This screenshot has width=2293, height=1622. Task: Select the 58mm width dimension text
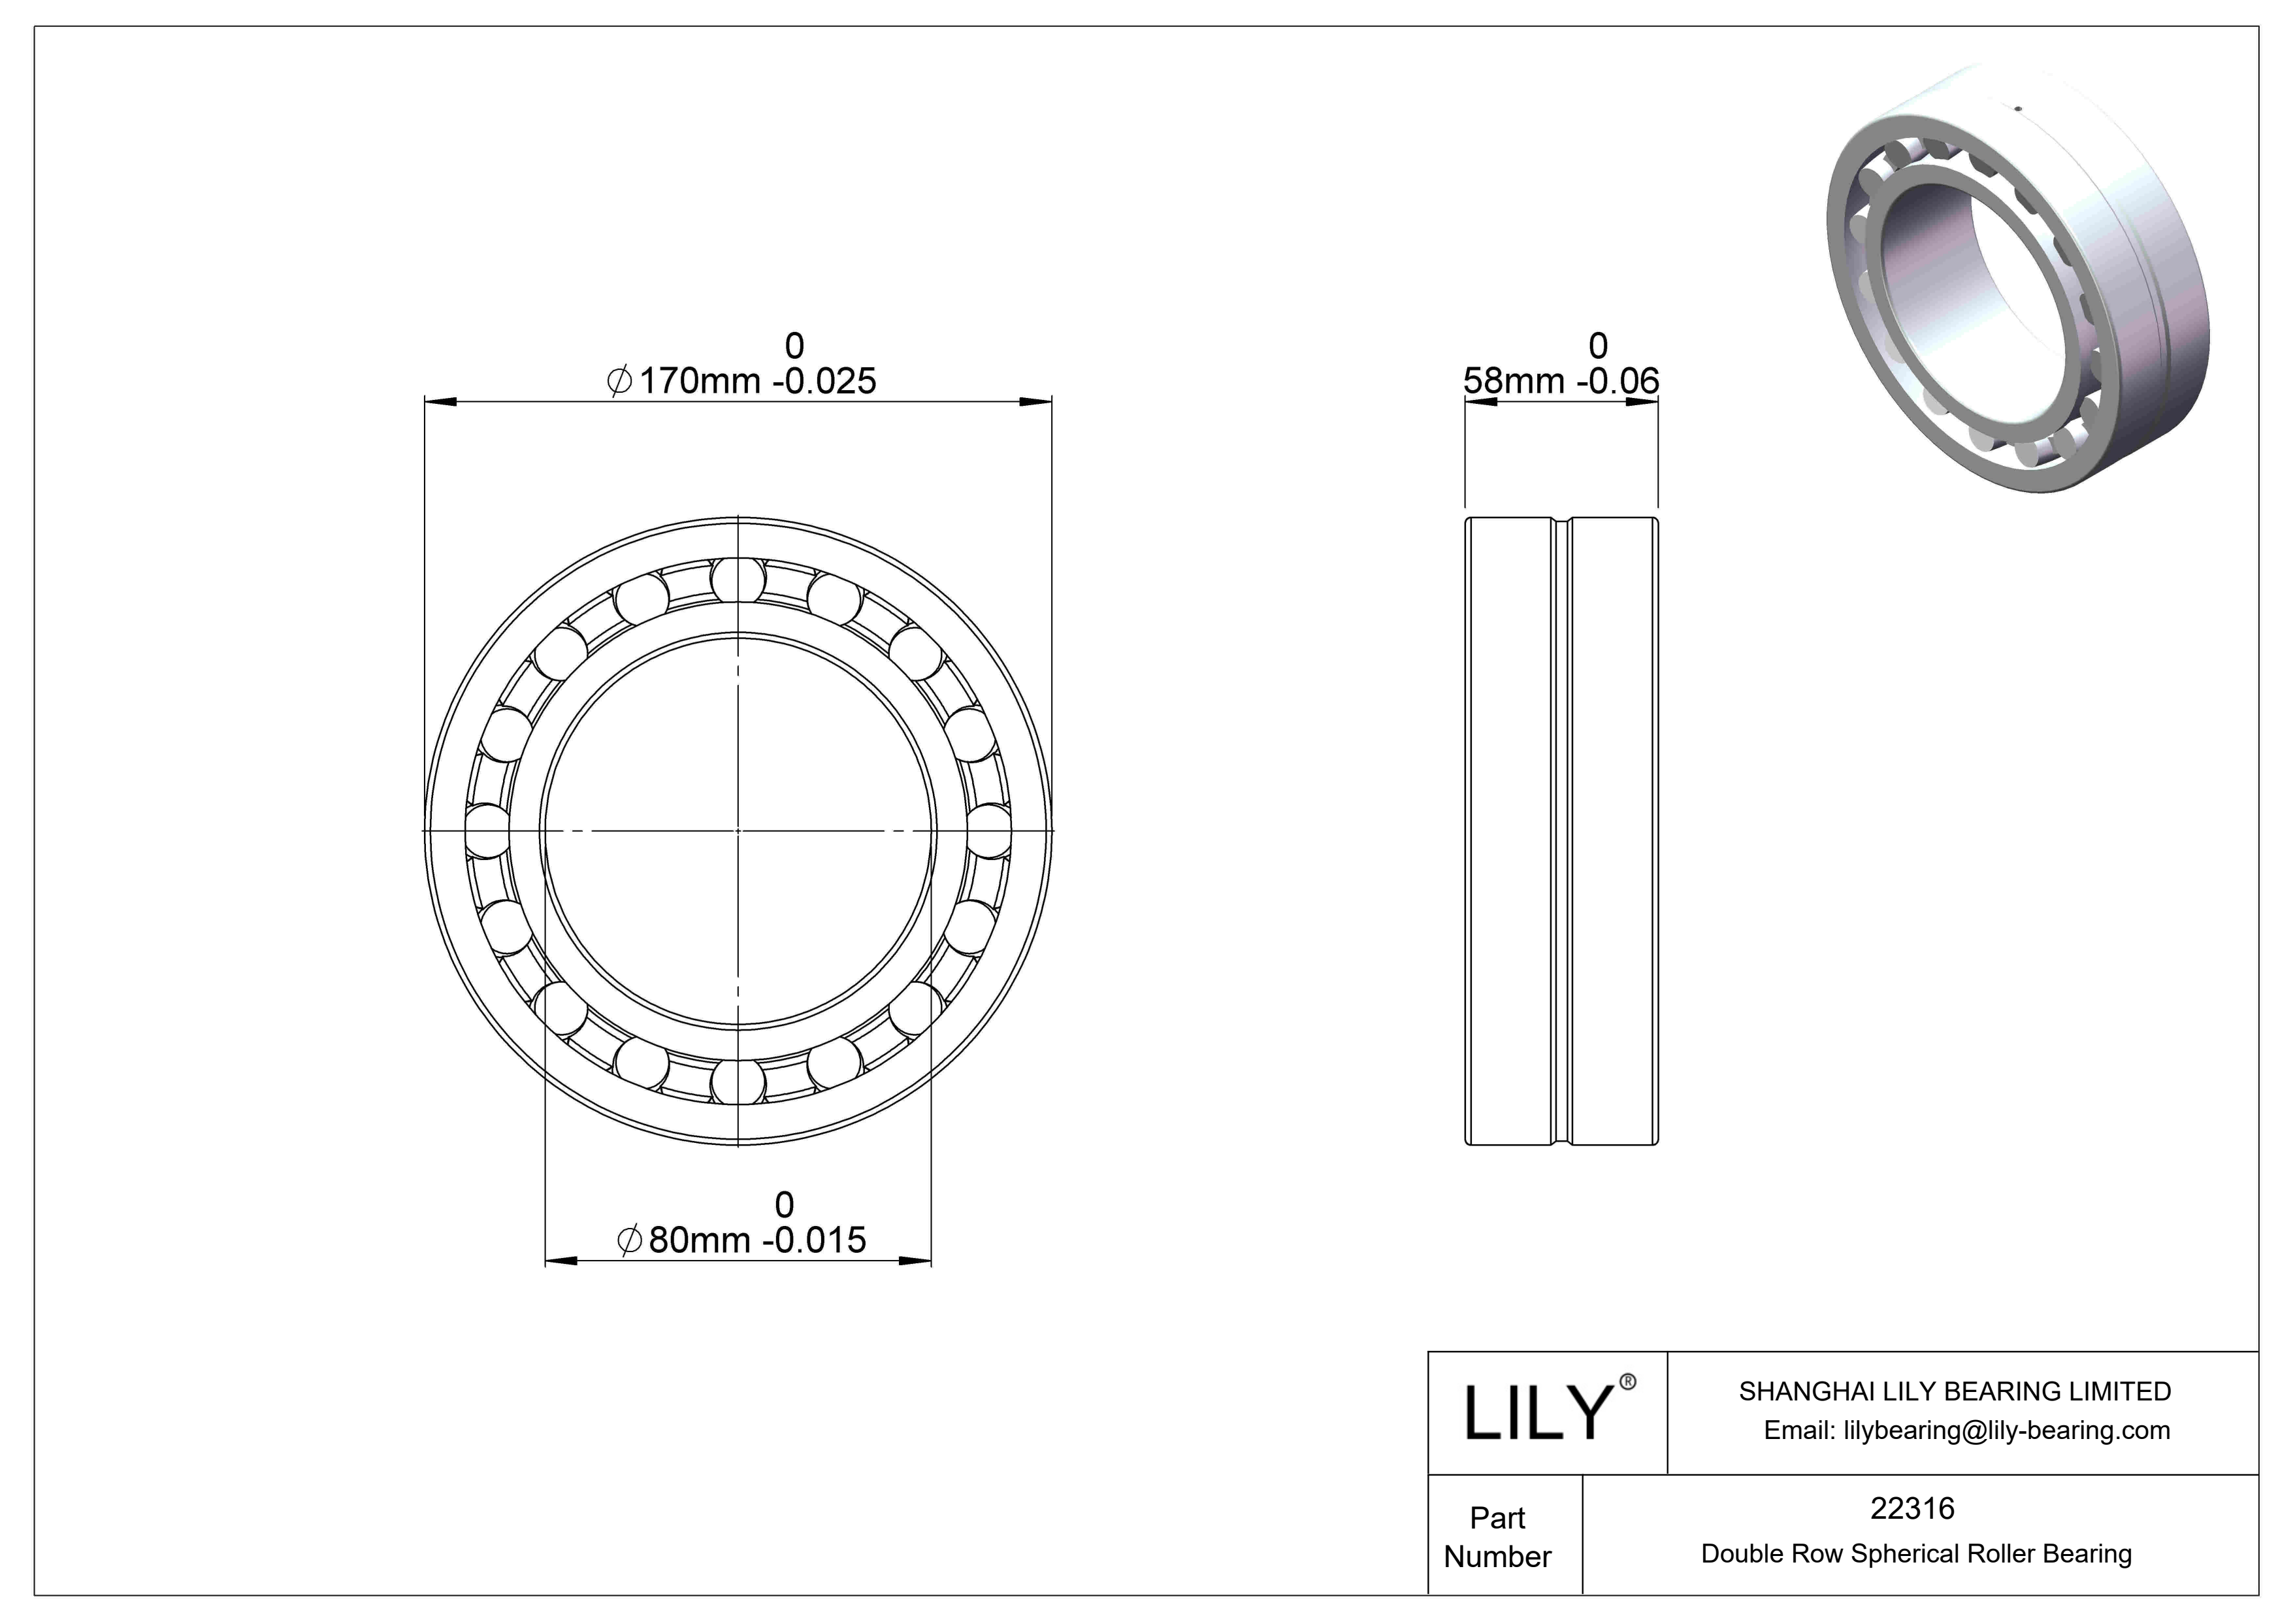click(1560, 380)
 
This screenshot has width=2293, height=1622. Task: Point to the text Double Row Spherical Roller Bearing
click(1915, 1553)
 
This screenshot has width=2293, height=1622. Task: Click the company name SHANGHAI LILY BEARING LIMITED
click(1955, 1391)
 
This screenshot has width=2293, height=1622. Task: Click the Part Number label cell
click(1497, 1536)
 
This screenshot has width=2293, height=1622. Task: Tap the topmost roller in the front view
click(738, 579)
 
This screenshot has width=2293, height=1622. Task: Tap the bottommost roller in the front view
click(738, 1082)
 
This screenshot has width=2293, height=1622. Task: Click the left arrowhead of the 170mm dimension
click(440, 403)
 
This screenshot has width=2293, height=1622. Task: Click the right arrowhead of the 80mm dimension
click(916, 1261)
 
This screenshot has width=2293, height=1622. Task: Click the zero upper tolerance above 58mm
click(1598, 346)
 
